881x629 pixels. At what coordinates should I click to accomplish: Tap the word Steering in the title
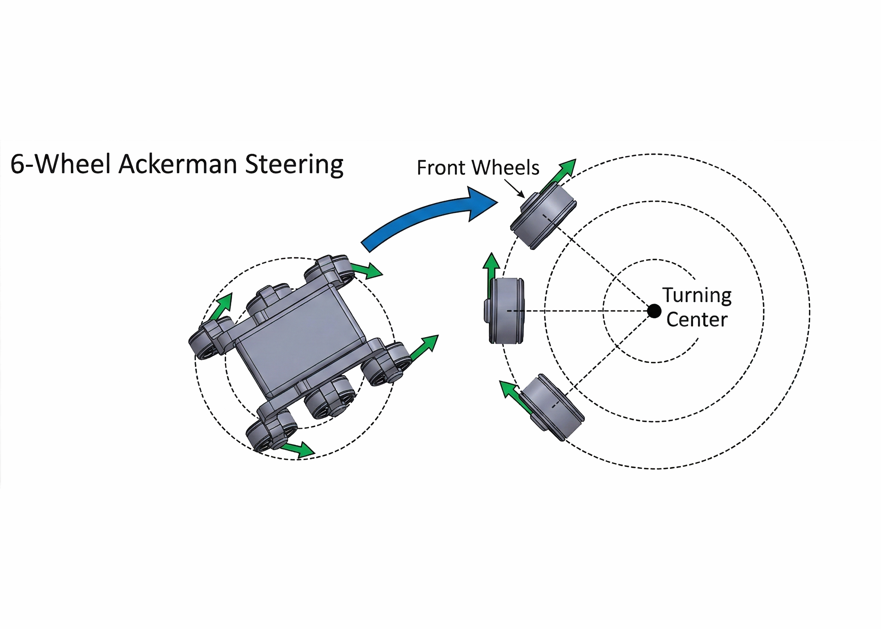294,164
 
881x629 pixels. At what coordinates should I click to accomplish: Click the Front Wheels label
477,168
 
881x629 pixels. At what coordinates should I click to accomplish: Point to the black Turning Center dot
654,311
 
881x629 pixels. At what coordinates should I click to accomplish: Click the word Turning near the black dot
697,295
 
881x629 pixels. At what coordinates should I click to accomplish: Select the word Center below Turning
697,320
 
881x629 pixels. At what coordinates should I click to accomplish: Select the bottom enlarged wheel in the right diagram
552,407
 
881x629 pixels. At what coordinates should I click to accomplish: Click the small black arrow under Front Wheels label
515,189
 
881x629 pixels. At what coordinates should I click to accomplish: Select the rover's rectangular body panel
300,340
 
